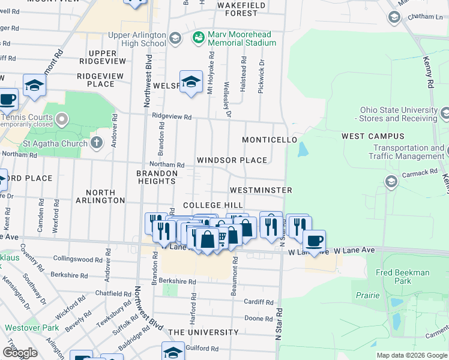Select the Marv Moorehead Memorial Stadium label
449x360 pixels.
click(x=242, y=38)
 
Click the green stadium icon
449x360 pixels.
click(x=199, y=38)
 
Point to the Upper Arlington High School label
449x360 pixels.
click(x=137, y=39)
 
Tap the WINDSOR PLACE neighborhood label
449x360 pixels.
click(x=232, y=160)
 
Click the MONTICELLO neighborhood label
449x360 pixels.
click(x=270, y=140)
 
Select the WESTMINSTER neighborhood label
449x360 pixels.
click(x=261, y=190)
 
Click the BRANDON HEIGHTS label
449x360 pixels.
click(x=157, y=178)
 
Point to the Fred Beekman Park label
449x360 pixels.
click(x=403, y=277)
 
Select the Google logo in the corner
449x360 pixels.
click(x=20, y=353)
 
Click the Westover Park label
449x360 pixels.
click(x=32, y=328)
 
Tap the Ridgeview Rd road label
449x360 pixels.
click(x=172, y=116)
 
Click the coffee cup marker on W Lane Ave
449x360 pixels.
click(x=314, y=241)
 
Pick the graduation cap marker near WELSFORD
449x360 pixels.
click(x=191, y=82)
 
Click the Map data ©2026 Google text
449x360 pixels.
click(x=412, y=355)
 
